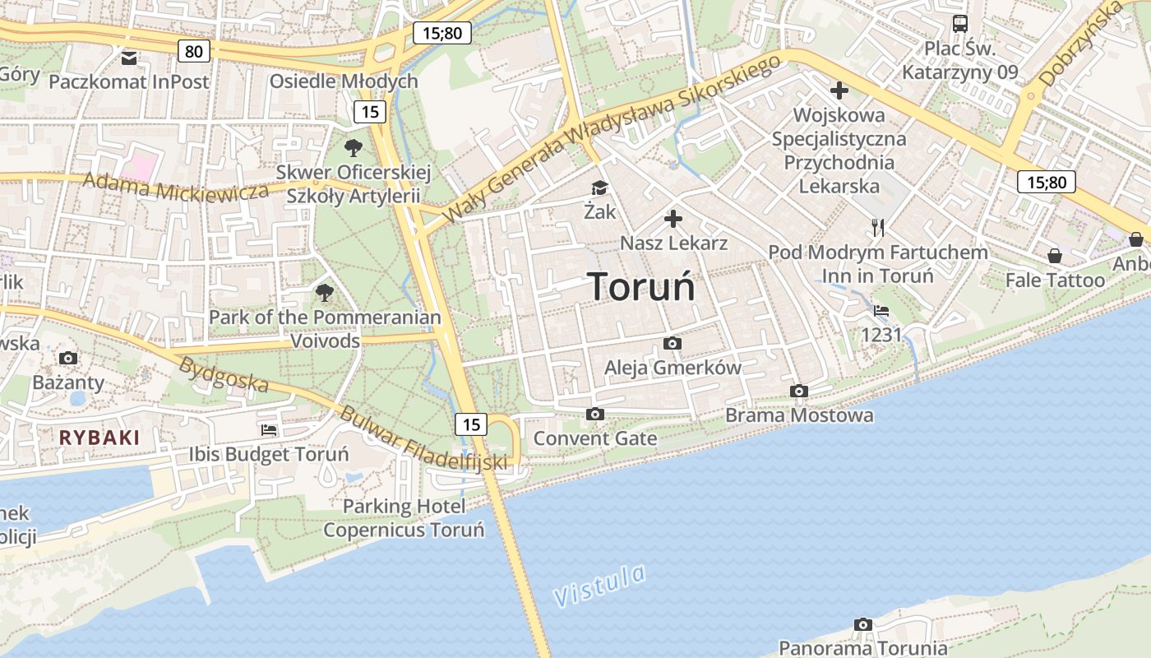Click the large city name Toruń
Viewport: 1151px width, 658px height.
coord(641,286)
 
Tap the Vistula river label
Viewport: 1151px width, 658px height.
coord(599,586)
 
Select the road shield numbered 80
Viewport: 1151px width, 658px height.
coord(193,52)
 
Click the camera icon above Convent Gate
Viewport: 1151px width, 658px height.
coord(595,414)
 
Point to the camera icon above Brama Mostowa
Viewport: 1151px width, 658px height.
coord(798,391)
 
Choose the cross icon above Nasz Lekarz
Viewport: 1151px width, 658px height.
coord(673,219)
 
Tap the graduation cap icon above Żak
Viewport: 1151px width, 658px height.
coord(599,188)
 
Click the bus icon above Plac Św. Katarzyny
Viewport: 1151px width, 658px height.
coord(959,24)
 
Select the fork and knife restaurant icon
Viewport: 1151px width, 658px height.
coord(878,228)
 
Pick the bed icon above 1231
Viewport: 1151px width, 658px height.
coord(881,311)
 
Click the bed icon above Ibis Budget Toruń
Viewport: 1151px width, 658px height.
coord(269,429)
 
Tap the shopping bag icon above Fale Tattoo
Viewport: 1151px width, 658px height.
coord(1055,256)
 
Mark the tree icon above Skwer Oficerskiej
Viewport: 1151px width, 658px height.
coord(354,148)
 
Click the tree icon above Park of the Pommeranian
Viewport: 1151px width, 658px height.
coord(325,292)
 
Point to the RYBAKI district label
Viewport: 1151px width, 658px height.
coord(99,438)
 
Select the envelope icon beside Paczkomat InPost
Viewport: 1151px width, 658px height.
coord(129,58)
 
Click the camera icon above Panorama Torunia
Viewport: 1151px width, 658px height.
coord(862,624)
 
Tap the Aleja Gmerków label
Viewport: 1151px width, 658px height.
coord(673,367)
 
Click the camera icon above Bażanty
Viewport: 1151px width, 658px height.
coord(68,358)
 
